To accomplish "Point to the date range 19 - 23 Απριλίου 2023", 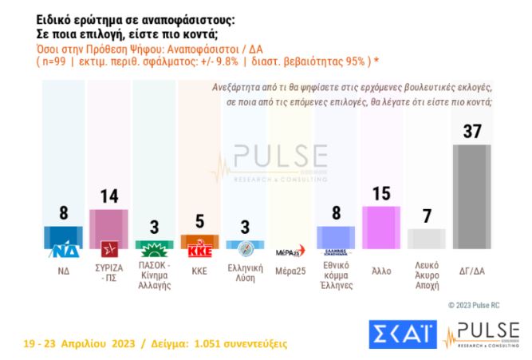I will (x=80, y=344).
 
